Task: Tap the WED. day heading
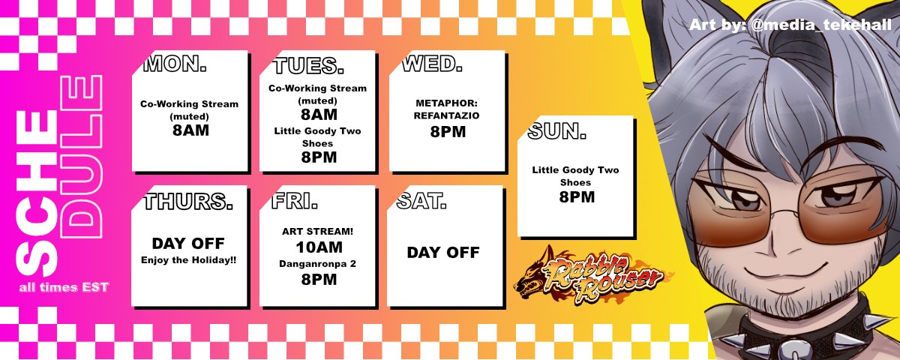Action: (431, 64)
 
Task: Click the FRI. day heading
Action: (295, 201)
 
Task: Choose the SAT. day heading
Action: (421, 201)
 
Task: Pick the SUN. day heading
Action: (556, 133)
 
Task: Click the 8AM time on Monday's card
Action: (189, 130)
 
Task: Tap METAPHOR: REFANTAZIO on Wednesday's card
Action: (446, 109)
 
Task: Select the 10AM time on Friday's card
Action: (319, 247)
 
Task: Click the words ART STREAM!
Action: (319, 231)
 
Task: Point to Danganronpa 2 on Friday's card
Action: (319, 263)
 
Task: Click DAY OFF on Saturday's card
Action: (442, 253)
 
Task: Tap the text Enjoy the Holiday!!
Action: (188, 259)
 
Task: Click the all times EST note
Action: (64, 287)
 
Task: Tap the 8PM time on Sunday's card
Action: (576, 197)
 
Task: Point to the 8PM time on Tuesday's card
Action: (319, 157)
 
